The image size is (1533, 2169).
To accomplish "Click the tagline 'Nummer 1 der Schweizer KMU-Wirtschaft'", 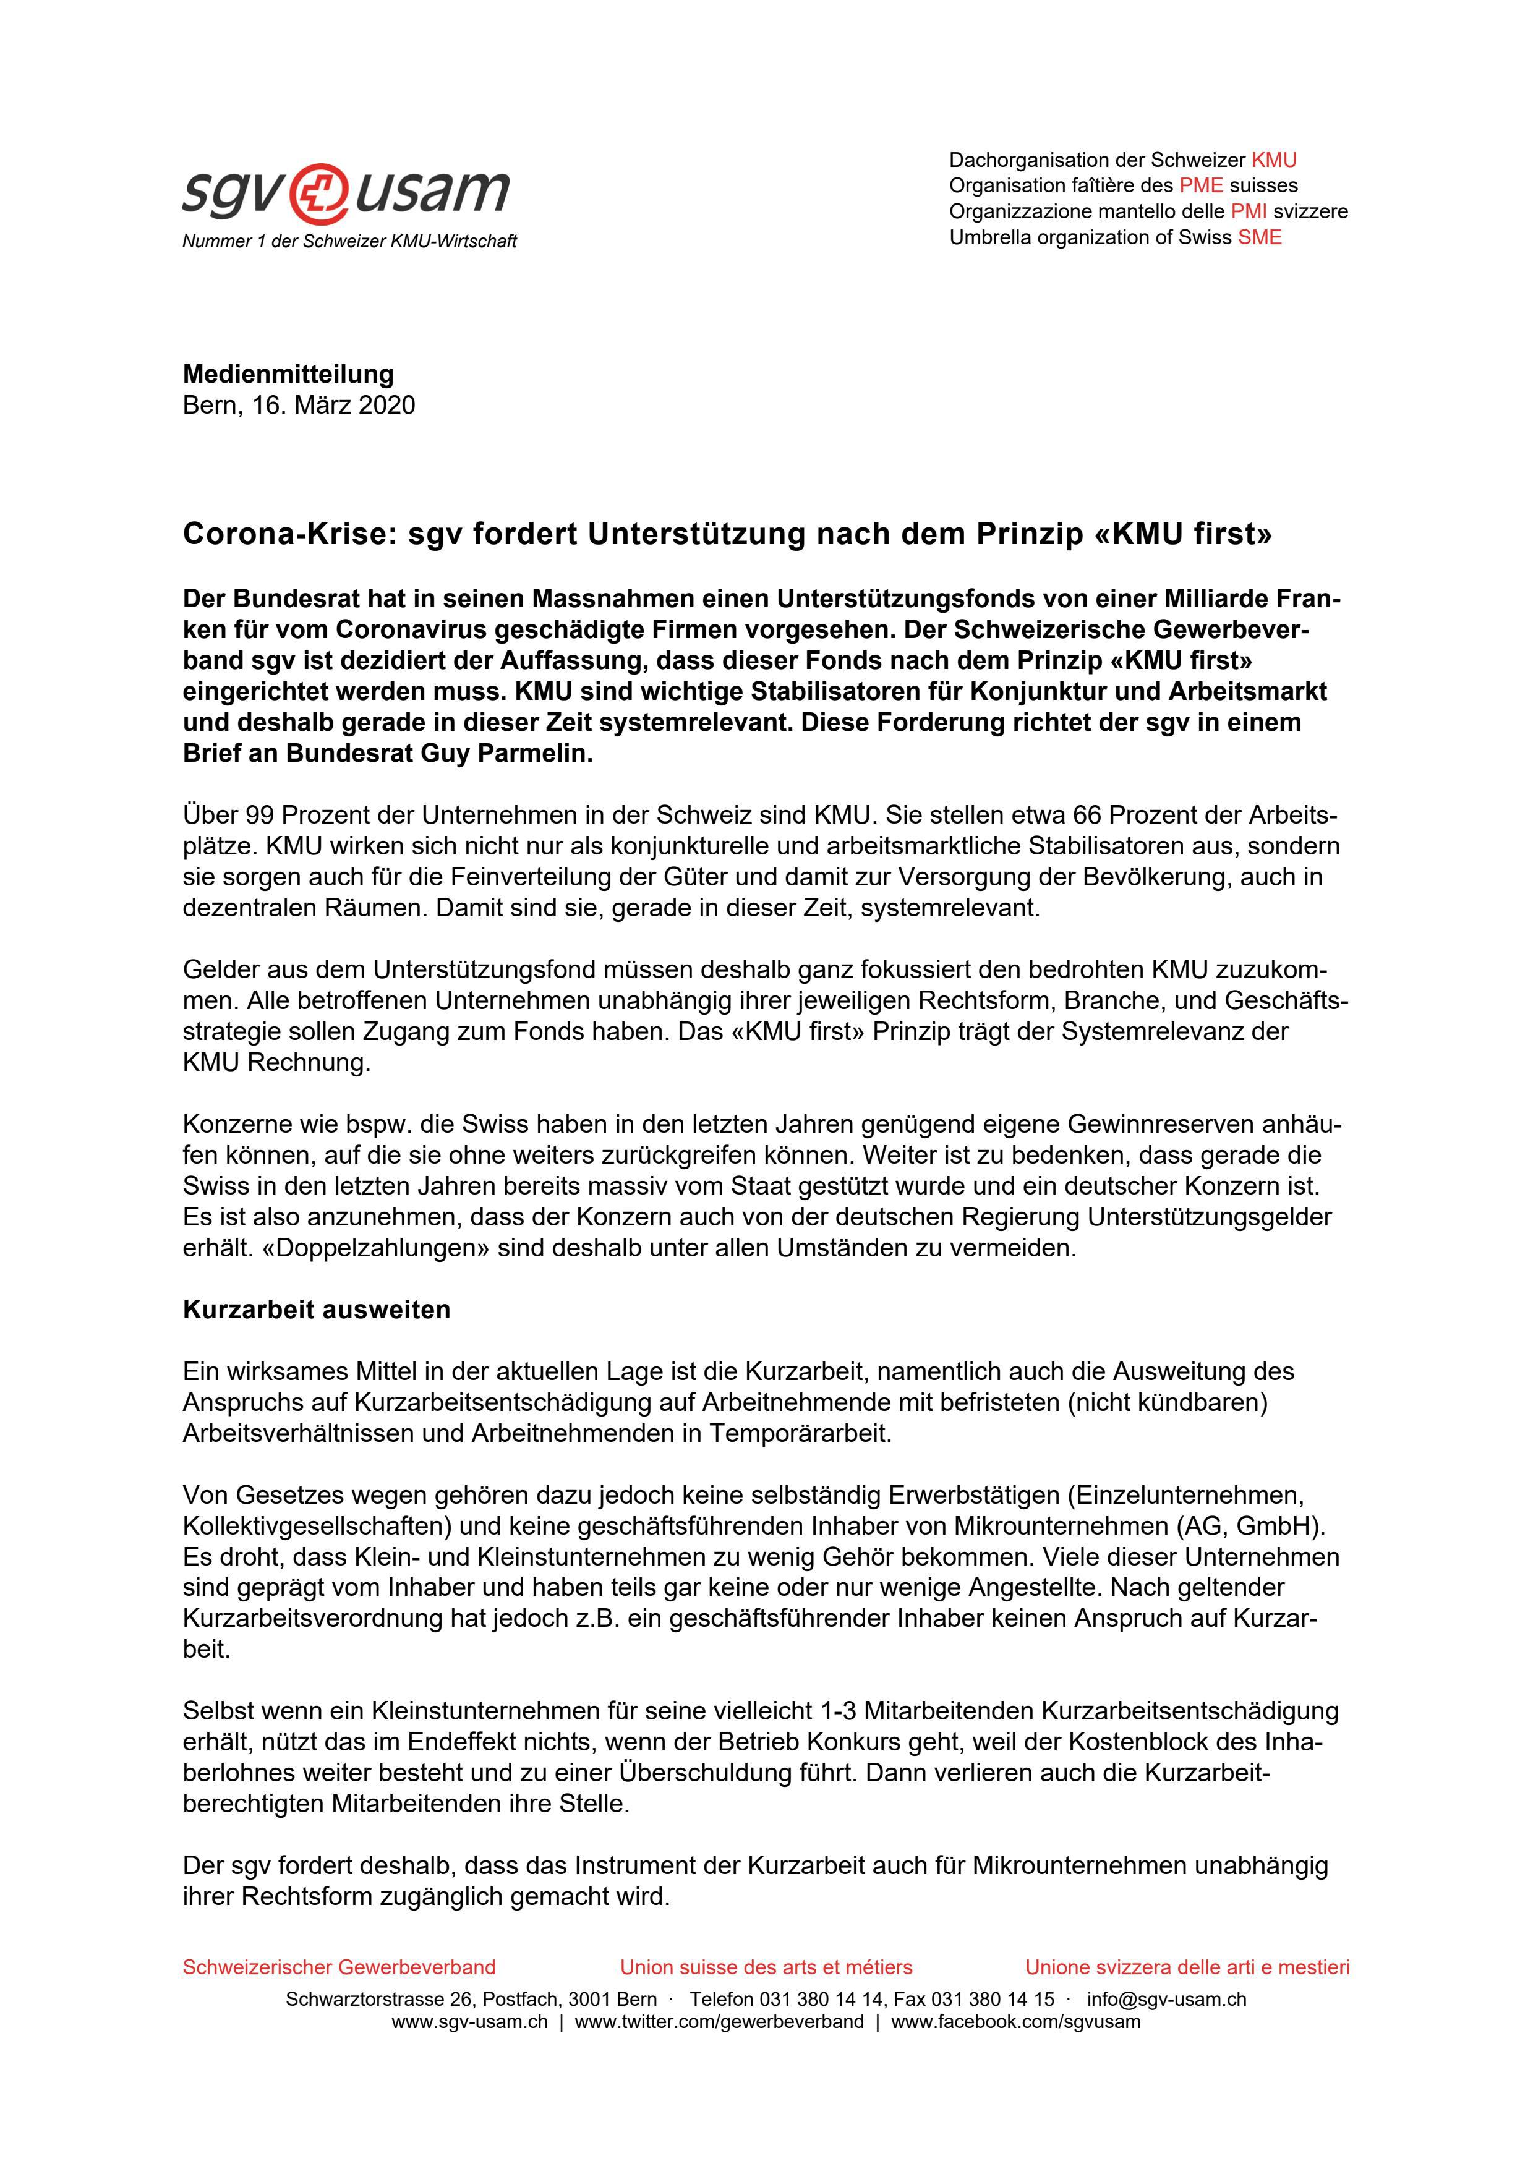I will (x=349, y=242).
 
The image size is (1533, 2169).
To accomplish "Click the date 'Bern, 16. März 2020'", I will (x=299, y=405).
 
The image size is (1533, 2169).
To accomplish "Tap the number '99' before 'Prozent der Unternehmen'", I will (x=259, y=816).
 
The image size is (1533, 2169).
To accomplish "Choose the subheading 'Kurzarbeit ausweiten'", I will (x=317, y=1310).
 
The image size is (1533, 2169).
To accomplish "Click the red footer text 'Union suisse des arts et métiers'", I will (x=766, y=1968).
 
